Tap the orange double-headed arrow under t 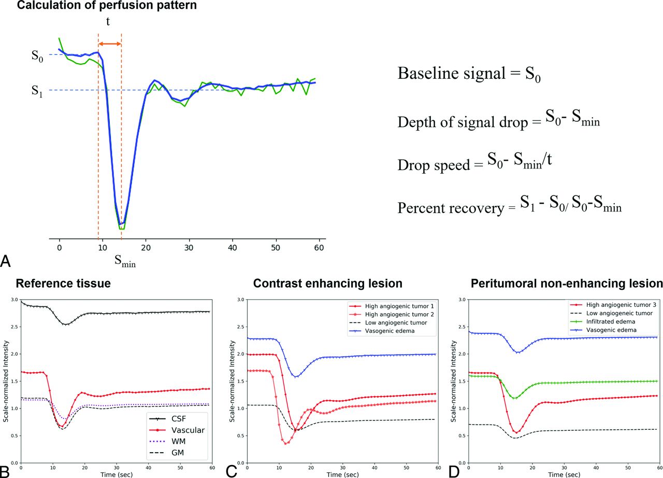tap(109, 45)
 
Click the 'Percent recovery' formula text tap(509, 206)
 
